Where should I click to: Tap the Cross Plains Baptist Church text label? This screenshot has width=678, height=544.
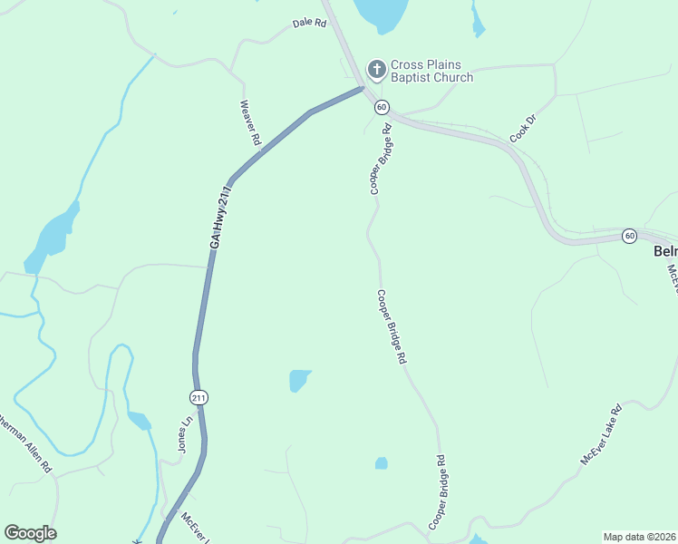pos(431,71)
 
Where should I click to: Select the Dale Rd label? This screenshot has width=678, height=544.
pos(309,24)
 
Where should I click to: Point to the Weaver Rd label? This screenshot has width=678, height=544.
pos(250,123)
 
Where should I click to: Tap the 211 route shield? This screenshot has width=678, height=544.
pos(199,397)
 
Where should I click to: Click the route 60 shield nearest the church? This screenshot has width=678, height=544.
pos(382,107)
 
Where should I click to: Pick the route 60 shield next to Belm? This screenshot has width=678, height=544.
pos(630,236)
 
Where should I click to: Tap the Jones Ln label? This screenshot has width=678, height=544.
pos(186,434)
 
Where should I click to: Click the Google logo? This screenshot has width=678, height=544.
pos(30,533)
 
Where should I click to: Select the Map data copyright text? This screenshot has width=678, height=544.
pos(639,537)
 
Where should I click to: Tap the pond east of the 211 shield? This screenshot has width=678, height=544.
pos(299,380)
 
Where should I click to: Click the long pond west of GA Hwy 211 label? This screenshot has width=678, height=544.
pos(53,236)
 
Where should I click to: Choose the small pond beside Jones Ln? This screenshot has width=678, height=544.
pos(139,420)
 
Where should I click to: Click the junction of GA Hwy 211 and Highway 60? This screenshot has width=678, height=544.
pos(362,90)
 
